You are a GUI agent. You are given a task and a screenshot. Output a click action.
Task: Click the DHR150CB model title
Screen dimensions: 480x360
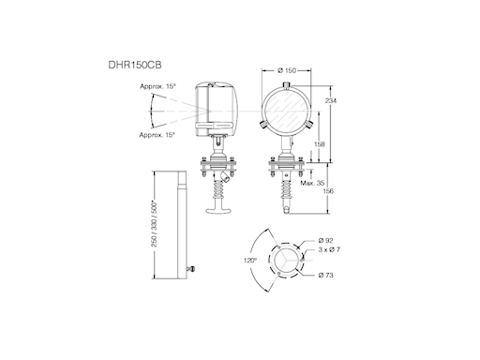pyautogui.click(x=135, y=65)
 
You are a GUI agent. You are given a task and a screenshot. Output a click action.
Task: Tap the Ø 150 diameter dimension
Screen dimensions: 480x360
pyautogui.click(x=287, y=70)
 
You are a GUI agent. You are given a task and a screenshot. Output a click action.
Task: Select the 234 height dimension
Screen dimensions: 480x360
pyautogui.click(x=331, y=100)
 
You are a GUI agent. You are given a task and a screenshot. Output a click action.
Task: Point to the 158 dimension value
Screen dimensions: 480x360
pyautogui.click(x=319, y=144)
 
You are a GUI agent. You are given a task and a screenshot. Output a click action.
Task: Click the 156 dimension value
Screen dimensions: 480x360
pyautogui.click(x=328, y=191)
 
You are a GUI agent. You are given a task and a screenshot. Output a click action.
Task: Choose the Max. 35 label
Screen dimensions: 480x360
pyautogui.click(x=312, y=183)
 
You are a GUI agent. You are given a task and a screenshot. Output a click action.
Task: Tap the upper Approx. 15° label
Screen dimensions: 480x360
pyautogui.click(x=157, y=86)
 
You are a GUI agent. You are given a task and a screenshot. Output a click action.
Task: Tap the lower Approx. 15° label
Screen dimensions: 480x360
pyautogui.click(x=157, y=135)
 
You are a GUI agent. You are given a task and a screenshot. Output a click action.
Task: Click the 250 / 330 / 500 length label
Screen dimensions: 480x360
pyautogui.click(x=155, y=224)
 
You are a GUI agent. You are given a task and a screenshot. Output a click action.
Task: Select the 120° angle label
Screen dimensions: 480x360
pyautogui.click(x=250, y=261)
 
